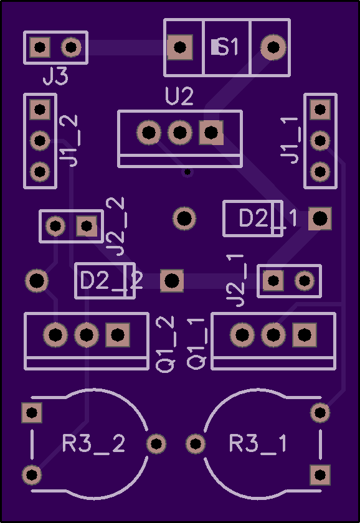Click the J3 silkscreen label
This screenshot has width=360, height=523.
point(55,76)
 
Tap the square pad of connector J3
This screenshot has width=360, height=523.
point(40,47)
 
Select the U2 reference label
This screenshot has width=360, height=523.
point(179,96)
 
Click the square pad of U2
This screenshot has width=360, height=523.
point(211,133)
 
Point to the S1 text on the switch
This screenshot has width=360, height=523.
point(225,47)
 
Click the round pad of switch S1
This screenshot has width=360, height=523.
point(273,47)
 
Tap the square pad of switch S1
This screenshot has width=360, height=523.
point(180,47)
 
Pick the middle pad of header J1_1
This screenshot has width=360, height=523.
point(320,141)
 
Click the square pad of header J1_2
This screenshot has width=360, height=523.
point(40,110)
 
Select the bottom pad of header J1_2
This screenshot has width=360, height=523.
point(40,172)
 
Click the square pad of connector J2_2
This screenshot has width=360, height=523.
point(87,226)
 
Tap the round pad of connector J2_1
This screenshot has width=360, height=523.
point(305,281)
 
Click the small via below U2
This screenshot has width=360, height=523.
point(187,172)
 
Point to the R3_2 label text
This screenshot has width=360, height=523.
point(94,443)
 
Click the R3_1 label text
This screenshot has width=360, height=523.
point(258,443)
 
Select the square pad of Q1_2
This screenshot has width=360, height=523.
point(118,334)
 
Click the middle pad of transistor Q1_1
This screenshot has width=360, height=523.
point(273,334)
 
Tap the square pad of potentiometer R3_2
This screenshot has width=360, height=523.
point(32,413)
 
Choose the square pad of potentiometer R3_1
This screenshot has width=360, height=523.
point(320,474)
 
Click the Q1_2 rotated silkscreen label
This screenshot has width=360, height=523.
point(166,344)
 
